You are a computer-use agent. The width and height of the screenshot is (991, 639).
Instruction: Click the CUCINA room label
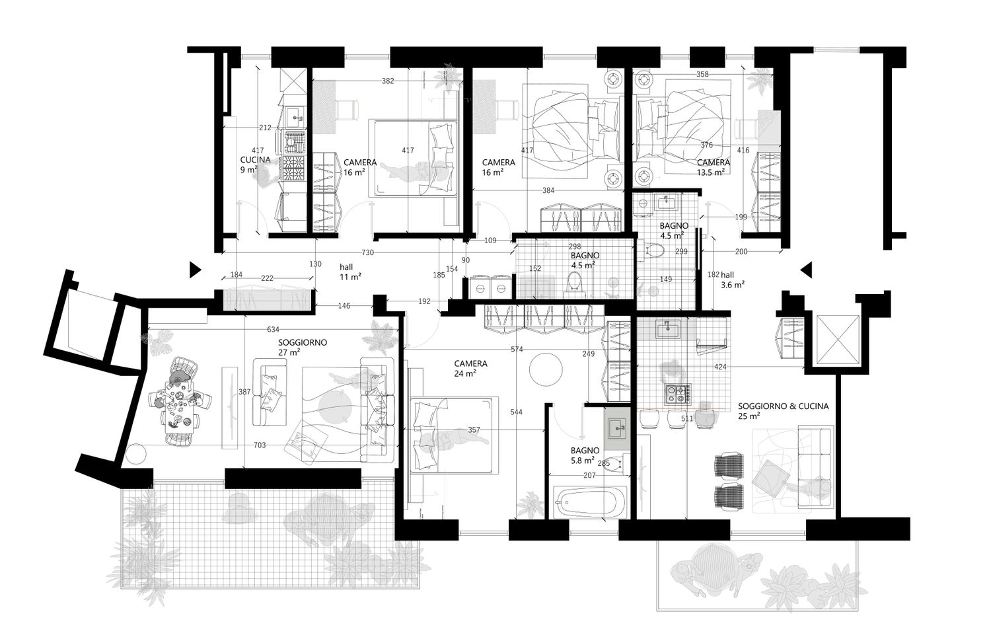pos(255,159)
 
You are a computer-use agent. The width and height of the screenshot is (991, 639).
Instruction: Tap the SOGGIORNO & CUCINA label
pos(783,406)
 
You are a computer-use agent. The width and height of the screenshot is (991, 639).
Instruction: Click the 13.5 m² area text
pos(710,172)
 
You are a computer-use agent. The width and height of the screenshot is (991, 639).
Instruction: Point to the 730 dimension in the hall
pos(367,252)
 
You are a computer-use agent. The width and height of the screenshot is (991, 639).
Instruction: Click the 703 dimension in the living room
pos(260,445)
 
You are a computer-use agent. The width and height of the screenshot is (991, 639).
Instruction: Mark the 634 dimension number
pos(273,329)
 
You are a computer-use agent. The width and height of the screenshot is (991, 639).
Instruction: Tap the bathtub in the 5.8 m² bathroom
pos(590,502)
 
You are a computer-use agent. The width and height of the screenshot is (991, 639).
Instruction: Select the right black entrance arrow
pos(807,270)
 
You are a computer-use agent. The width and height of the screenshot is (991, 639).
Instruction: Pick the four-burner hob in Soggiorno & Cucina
pos(677,394)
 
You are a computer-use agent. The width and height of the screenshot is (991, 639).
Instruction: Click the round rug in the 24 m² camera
pos(546,369)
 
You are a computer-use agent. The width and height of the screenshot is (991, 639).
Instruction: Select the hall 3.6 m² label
pos(732,280)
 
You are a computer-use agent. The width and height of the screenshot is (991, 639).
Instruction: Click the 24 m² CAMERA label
pos(470,368)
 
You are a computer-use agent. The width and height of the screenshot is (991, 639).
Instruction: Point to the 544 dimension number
pos(516,412)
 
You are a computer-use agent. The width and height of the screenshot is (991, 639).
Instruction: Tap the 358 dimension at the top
pos(702,75)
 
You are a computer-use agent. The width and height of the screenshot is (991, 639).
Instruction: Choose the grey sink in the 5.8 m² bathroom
pos(618,429)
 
